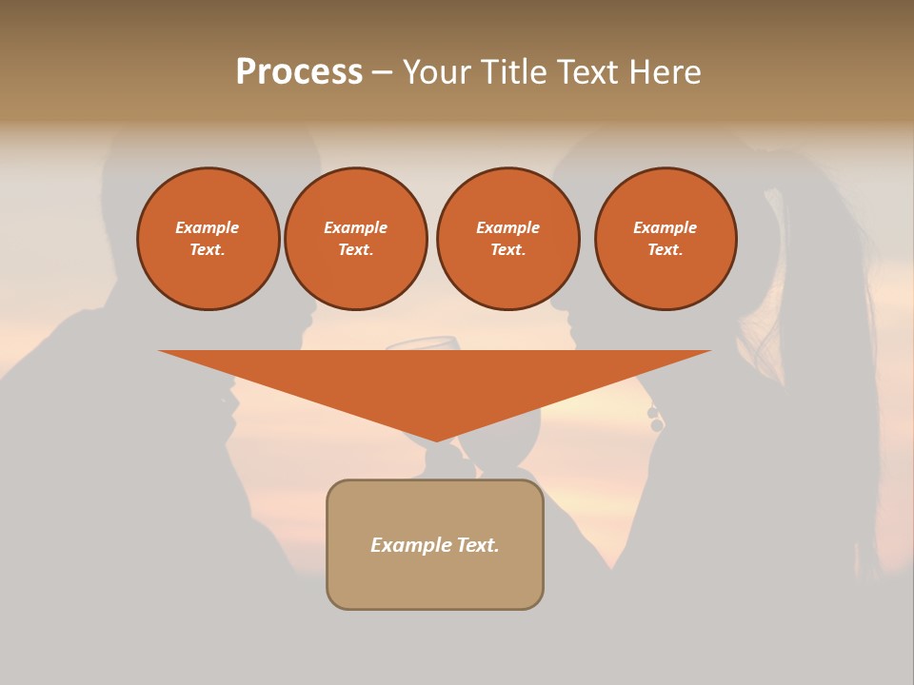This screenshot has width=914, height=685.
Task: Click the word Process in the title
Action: coord(299,72)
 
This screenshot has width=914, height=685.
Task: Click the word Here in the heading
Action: coord(666,72)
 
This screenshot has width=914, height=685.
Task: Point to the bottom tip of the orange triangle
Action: coord(436,440)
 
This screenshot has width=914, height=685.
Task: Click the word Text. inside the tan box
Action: coord(476,545)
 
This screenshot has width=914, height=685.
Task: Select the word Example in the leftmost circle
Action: coord(208,227)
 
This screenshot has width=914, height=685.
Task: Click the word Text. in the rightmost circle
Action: coord(666,250)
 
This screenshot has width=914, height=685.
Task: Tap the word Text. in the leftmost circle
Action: coord(208,250)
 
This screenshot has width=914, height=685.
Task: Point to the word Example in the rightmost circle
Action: coord(666,227)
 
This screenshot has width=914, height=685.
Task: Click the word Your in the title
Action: coord(435,72)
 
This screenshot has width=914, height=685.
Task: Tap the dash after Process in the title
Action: coord(382,72)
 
